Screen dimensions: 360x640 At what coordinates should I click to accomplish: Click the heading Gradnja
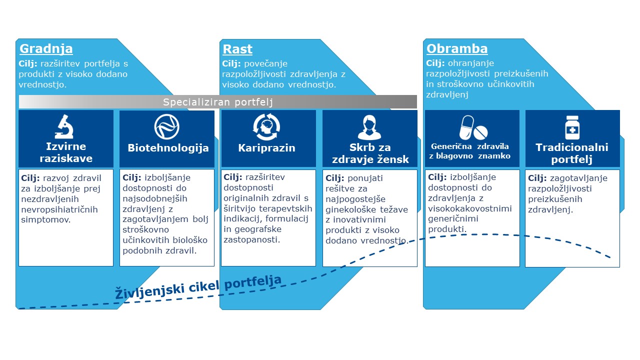coord(46,49)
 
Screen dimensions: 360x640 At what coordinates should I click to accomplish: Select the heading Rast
coord(237,49)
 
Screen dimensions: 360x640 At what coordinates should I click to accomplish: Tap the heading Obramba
coord(457,49)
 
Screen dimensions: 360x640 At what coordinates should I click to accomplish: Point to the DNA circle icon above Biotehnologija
coord(166,126)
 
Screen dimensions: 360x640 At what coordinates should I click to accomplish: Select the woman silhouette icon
coord(369,127)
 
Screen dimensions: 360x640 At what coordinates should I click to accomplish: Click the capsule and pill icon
coord(472,128)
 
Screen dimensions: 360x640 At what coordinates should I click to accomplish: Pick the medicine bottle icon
coord(572,127)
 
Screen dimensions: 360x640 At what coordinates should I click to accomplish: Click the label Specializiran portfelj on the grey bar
coord(217,102)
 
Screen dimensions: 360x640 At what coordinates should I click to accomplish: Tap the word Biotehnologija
coord(168,148)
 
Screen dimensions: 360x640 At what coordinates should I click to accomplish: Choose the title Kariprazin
coord(267,148)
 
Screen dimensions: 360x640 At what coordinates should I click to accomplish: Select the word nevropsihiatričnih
coord(59,209)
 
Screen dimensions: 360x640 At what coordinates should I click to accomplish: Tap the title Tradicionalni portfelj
coord(572,153)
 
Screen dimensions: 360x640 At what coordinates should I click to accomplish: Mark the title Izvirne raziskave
coord(65,152)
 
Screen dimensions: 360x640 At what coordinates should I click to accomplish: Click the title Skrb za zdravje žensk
coord(369,153)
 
